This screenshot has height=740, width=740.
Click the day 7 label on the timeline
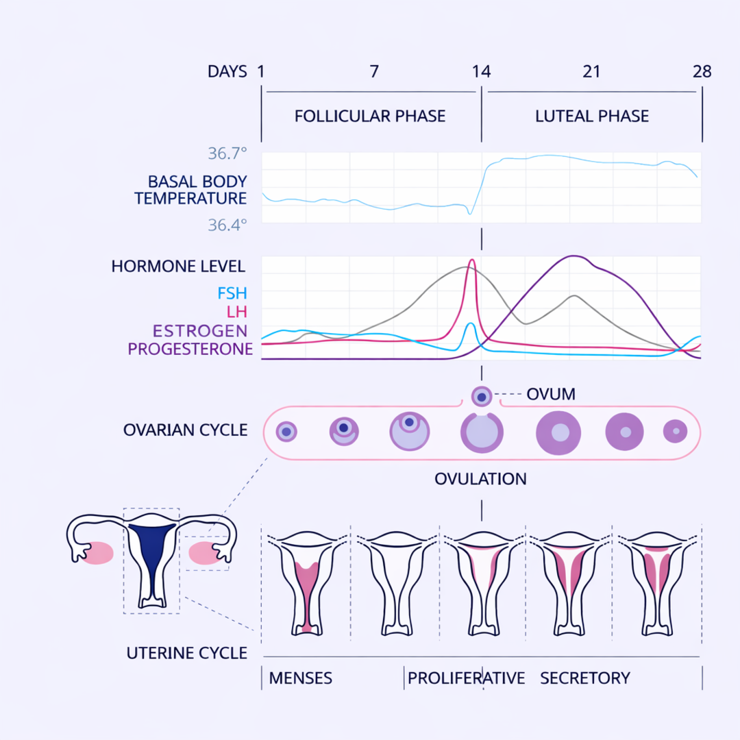pyautogui.click(x=374, y=71)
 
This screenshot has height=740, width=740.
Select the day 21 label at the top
pyautogui.click(x=591, y=71)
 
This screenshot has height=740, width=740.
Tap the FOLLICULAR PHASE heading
pyautogui.click(x=370, y=116)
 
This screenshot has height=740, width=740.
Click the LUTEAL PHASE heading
pyautogui.click(x=591, y=116)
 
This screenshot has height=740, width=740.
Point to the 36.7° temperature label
pyautogui.click(x=227, y=153)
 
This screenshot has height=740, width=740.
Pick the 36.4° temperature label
pyautogui.click(x=227, y=225)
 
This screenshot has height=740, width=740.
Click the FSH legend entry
pyautogui.click(x=232, y=294)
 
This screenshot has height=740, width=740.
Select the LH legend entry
pyautogui.click(x=236, y=312)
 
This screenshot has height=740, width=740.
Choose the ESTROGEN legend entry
pyautogui.click(x=199, y=331)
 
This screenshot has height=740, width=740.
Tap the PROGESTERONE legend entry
pyautogui.click(x=190, y=349)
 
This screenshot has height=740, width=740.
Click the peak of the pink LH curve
pyautogui.click(x=471, y=260)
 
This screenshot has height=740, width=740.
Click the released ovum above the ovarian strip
pyautogui.click(x=482, y=396)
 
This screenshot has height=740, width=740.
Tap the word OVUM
pyautogui.click(x=550, y=394)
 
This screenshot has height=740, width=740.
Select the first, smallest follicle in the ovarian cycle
pyautogui.click(x=286, y=432)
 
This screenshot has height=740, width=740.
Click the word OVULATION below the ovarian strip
pyautogui.click(x=480, y=478)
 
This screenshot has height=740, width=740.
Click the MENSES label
pyautogui.click(x=300, y=678)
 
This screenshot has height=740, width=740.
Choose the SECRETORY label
pyautogui.click(x=584, y=678)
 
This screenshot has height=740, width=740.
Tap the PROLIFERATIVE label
pyautogui.click(x=466, y=678)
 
